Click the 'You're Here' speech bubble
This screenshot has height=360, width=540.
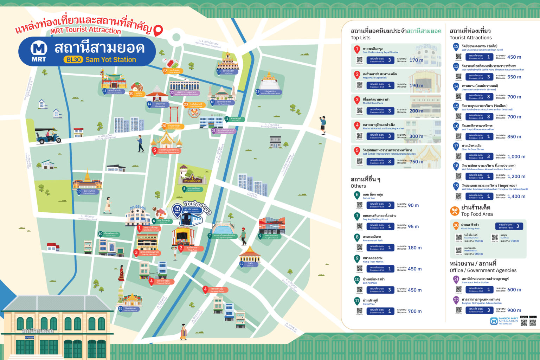tap(198, 207)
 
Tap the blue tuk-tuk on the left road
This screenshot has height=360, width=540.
tap(48, 136)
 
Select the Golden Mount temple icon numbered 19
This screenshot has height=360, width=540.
tap(270, 81)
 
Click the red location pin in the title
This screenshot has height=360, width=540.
tap(159, 31)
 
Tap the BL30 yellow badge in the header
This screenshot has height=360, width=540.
tap(73, 60)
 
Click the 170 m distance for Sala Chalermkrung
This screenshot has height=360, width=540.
tap(416, 60)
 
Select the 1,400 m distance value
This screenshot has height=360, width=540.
tap(516, 197)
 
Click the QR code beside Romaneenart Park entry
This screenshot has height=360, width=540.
tap(359, 247)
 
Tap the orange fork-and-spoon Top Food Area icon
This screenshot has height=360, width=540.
tap(455, 211)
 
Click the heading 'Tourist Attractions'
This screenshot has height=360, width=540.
tap(470, 38)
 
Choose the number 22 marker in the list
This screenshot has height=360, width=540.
tap(456, 300)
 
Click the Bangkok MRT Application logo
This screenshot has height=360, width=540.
tap(504, 321)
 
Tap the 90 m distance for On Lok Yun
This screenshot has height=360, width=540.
tap(413, 205)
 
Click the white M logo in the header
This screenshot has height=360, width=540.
tap(39, 48)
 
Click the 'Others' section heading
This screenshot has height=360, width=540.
tap(358, 186)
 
